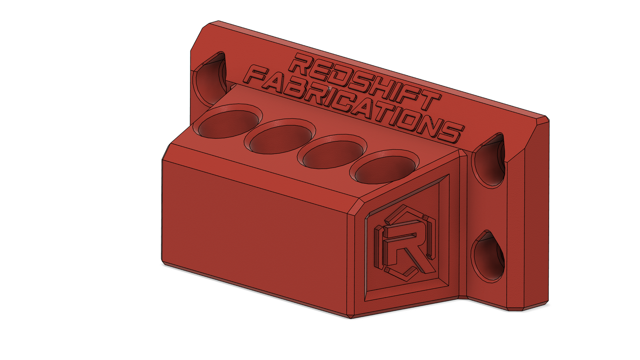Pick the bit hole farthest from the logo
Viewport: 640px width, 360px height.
pos(228,121)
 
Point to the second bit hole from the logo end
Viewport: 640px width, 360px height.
pos(333,152)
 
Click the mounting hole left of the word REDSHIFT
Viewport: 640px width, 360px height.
pos(210,78)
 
